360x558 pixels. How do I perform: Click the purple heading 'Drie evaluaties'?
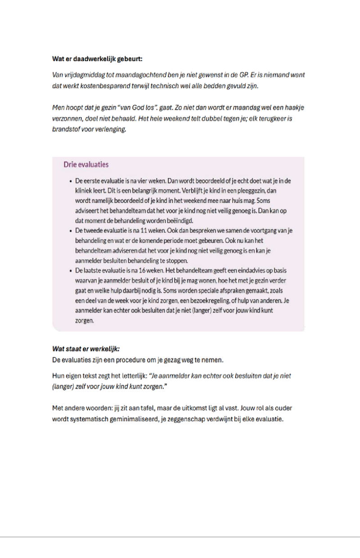[86, 165]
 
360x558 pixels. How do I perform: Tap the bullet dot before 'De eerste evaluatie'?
[71, 181]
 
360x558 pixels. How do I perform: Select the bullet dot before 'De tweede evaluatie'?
[71, 231]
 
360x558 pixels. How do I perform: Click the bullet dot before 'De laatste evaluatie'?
[71, 270]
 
